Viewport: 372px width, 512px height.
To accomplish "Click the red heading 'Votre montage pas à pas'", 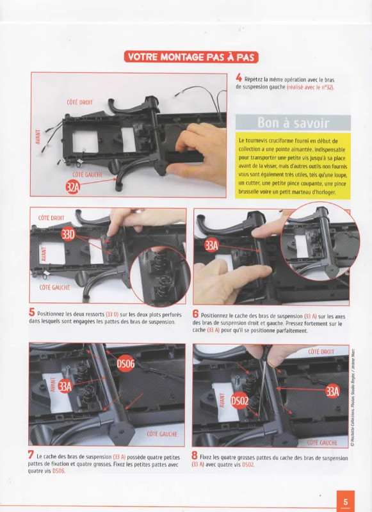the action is pos(191,57).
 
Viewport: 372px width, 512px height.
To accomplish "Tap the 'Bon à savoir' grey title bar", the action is pos(293,123).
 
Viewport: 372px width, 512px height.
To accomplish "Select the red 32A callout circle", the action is pos(73,187).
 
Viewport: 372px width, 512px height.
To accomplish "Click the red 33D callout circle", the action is pos(68,234).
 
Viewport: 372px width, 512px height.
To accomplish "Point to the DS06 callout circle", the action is pos(125,364).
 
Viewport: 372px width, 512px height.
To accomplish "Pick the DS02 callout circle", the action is pos(240,401).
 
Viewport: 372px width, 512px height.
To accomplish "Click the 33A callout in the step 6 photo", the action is pos(211,246).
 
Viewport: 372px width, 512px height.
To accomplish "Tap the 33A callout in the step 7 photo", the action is pos(65,387).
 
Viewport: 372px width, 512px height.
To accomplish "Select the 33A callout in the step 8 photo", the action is pos(332,391).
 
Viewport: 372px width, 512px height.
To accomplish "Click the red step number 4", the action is pos(239,78).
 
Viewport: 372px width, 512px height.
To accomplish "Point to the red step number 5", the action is pos(31,312).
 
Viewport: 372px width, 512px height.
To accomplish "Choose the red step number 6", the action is pos(195,314).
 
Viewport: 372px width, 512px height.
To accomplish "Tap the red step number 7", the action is pos(31,454).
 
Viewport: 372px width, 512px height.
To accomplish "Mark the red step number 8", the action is pos(195,456).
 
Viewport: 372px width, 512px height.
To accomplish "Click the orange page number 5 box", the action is pos(346,501).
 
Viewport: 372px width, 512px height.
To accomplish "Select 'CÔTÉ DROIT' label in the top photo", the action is pos(79,102).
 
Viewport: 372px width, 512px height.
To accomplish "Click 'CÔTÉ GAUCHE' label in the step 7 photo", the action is pos(162,434).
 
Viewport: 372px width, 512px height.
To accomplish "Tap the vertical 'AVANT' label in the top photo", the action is pos(38,137).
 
